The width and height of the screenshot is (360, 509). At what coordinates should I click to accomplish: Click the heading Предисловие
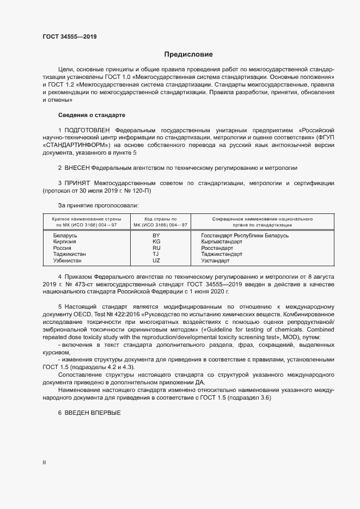click(x=188, y=54)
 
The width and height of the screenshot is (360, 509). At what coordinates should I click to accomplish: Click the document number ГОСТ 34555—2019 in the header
click(x=70, y=36)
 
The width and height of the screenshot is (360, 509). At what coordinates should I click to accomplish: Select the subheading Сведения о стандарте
click(x=91, y=116)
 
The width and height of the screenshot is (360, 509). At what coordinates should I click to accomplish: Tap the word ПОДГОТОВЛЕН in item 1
click(x=87, y=131)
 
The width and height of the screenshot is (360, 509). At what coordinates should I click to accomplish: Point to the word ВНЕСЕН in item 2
click(x=77, y=168)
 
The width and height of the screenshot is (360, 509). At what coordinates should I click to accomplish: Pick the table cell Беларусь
click(x=65, y=235)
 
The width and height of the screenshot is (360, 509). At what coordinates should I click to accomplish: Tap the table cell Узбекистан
click(x=68, y=261)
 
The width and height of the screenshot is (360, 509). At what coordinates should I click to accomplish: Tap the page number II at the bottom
click(x=44, y=463)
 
